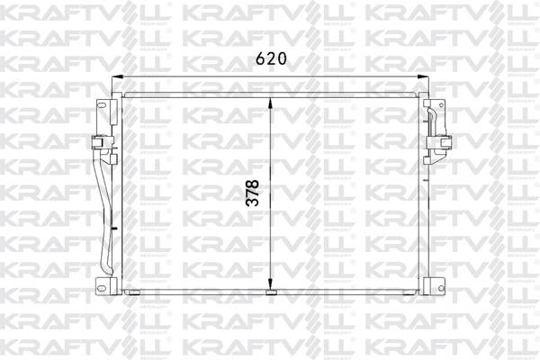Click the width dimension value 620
click(270, 59)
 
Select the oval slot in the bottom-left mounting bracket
click(102, 284)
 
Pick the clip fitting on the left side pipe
click(97, 143)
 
